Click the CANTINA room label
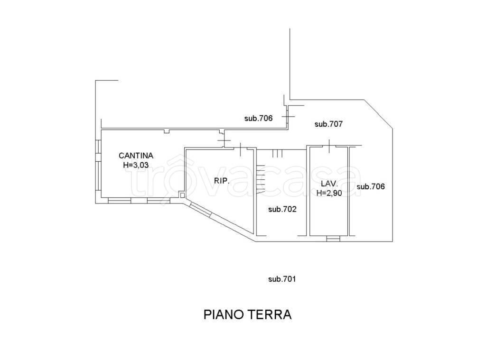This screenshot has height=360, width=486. (x=136, y=155)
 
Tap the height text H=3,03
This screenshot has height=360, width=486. (x=136, y=165)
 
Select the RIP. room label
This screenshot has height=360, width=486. (x=222, y=181)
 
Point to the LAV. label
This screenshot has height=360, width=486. (x=329, y=184)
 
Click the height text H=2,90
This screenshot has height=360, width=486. (x=329, y=193)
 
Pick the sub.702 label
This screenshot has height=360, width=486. (x=282, y=209)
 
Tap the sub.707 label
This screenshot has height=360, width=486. (x=328, y=124)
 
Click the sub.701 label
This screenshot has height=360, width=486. (x=282, y=279)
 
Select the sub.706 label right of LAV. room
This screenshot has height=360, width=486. (x=370, y=186)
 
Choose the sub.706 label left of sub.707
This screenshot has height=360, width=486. (x=258, y=119)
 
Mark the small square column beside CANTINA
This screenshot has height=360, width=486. (x=182, y=194)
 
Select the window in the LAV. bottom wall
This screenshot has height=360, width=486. (x=334, y=238)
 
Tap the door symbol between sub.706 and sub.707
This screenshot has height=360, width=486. (x=288, y=116)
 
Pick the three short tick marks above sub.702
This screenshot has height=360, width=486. (x=278, y=153)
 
